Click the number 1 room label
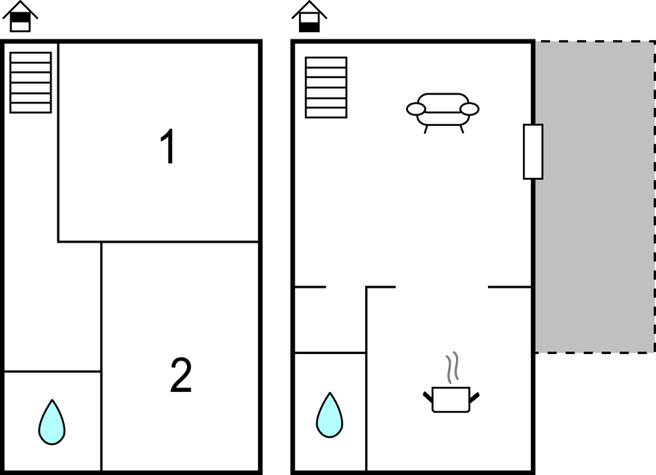tap(168, 146)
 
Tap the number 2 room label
tap(181, 374)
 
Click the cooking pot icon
tap(451, 399)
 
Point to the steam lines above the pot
tap(452, 367)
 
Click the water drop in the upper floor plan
tap(52, 422)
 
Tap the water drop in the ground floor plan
tap(329, 415)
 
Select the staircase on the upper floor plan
tap(31, 82)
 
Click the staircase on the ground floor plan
tap(327, 87)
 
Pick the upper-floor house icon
tap(20, 17)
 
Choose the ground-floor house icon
tap(309, 17)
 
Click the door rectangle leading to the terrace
tap(533, 152)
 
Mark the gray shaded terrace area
tap(595, 197)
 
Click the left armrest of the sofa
tap(416, 109)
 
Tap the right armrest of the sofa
tap(469, 109)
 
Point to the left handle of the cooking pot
tap(428, 396)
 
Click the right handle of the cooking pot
tap(474, 397)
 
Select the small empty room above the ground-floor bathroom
tap(330, 320)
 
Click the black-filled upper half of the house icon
tap(20, 17)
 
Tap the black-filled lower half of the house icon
tap(309, 27)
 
